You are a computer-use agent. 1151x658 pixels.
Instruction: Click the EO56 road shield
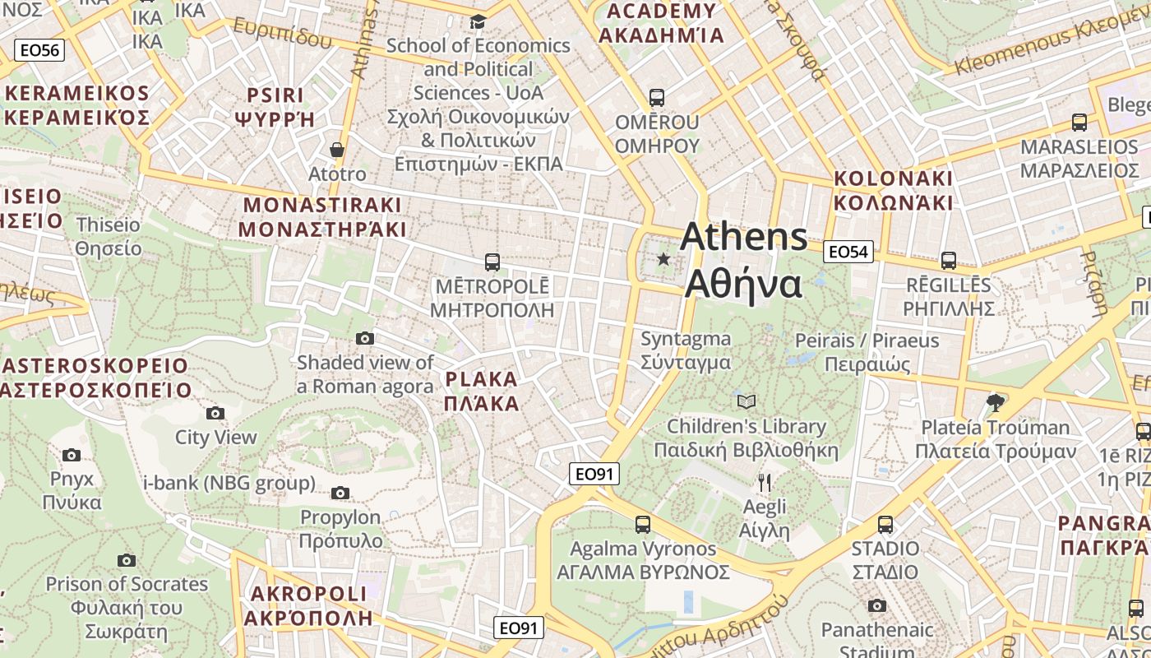(x=39, y=50)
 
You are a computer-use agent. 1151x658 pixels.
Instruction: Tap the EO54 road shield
(x=848, y=252)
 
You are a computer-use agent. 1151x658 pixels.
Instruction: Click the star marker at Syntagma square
(x=663, y=259)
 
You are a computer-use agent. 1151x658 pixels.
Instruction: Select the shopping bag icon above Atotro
(x=336, y=150)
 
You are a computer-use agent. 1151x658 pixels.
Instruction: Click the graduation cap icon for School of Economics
(x=478, y=21)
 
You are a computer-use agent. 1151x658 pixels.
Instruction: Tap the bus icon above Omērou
(x=656, y=98)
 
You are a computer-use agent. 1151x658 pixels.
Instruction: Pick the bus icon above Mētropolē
(x=492, y=262)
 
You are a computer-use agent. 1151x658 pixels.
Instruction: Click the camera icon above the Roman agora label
(x=365, y=338)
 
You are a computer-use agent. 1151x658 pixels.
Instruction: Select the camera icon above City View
(x=215, y=413)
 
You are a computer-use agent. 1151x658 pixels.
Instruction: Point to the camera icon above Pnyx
(x=72, y=455)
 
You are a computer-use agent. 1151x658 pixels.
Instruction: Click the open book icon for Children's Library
(x=747, y=401)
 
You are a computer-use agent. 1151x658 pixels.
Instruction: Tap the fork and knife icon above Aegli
(x=765, y=482)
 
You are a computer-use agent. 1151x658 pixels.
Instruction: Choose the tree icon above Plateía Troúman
(x=995, y=402)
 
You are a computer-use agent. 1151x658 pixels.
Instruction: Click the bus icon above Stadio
(x=885, y=524)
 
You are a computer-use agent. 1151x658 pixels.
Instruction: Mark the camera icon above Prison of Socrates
(x=126, y=560)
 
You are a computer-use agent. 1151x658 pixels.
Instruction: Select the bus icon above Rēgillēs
(x=948, y=261)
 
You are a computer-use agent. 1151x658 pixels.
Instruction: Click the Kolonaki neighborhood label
(x=893, y=190)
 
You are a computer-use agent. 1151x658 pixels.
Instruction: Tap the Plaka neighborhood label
(x=482, y=392)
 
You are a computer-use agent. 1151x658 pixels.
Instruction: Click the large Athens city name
(x=744, y=260)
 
